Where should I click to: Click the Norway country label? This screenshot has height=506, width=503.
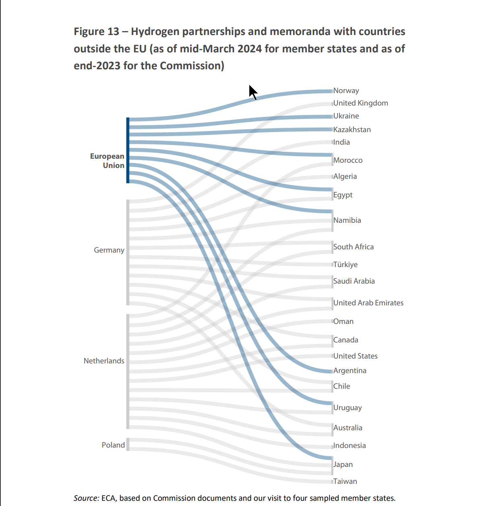(346, 91)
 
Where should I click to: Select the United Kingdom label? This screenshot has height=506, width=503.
(360, 103)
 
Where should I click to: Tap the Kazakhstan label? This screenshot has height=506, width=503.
(352, 130)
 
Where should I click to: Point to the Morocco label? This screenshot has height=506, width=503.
(348, 160)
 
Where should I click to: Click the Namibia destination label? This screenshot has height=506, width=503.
(347, 220)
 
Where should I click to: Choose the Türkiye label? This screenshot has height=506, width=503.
(346, 265)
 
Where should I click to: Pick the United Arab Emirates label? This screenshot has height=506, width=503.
(368, 303)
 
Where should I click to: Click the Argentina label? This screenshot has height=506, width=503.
(350, 371)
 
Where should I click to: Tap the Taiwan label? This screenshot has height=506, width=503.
(345, 481)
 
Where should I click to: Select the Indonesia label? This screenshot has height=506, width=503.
(350, 446)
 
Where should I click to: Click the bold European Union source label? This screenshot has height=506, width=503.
(107, 161)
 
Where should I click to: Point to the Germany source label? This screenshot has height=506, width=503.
(109, 250)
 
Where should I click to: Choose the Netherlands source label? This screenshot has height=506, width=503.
(104, 361)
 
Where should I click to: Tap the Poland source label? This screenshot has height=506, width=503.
(113, 445)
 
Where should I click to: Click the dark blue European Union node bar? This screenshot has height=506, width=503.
(128, 150)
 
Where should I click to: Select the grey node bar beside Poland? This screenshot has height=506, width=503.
(128, 444)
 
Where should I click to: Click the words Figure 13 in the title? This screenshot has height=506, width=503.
(96, 31)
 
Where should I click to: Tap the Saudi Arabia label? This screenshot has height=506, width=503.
(354, 281)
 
